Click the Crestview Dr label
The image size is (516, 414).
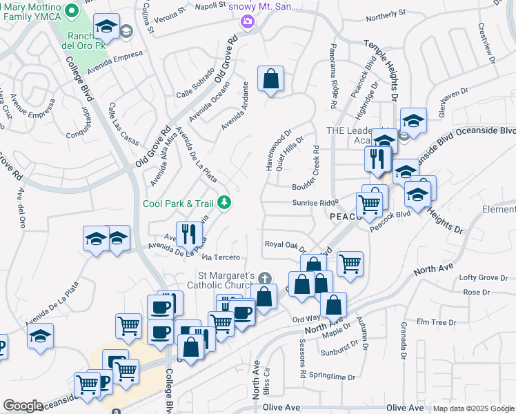pyautogui.click(x=487, y=43)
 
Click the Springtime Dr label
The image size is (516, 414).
pyautogui.click(x=332, y=377)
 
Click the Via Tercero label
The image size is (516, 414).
pyautogui.click(x=221, y=257)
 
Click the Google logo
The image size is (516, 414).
pyautogui.click(x=23, y=406)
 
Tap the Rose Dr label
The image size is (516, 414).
pyautogui.click(x=472, y=293)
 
